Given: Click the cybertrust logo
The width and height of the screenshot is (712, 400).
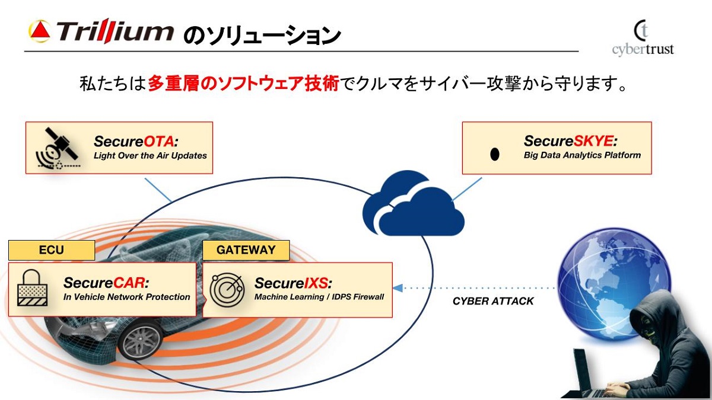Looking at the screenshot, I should tap(643, 39).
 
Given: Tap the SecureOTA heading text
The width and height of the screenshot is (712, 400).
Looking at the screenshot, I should tap(136, 142).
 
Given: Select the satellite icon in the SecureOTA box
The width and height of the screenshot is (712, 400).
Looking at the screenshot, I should tap(58, 148).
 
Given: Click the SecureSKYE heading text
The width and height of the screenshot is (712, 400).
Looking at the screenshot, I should tap(570, 142).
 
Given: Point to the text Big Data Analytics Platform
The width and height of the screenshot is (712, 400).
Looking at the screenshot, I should tap(582, 155).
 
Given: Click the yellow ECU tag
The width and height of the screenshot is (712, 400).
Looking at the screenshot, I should tap(51, 249).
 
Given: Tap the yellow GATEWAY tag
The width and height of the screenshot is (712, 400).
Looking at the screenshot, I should tap(246, 249).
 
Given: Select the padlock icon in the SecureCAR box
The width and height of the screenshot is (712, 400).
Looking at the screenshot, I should tap(33, 287).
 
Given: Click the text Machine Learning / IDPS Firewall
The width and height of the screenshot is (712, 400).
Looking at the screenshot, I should tap(319, 296).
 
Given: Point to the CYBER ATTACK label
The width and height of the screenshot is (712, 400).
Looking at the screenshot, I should tap(493, 301).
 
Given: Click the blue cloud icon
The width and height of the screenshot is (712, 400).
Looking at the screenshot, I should tap(414, 204).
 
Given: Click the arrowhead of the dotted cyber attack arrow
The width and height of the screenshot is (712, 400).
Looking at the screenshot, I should tap(398, 287).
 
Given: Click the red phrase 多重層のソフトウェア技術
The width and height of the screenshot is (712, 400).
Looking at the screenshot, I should tap(243, 84).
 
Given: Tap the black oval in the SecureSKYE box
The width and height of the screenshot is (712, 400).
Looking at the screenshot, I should tap(494, 154).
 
